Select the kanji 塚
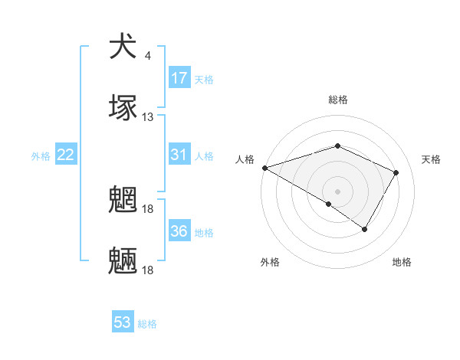[x=123, y=107]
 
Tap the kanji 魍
[x=123, y=201]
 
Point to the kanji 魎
[x=123, y=261]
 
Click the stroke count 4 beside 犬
[x=148, y=56]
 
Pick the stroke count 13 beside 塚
[x=148, y=117]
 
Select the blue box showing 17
[x=179, y=78]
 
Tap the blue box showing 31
[x=179, y=155]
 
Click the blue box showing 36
[x=179, y=231]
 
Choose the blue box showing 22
[x=66, y=155]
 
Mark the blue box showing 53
[x=123, y=322]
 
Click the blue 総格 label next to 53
[x=147, y=324]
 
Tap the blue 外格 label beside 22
[x=41, y=156]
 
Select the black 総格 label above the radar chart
[x=337, y=100]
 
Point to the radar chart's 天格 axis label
[x=432, y=159]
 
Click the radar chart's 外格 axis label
[x=270, y=262]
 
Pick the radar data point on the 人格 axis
[x=264, y=167]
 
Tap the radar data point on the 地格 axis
[x=365, y=228]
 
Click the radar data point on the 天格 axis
[x=396, y=172]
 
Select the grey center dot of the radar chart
[x=337, y=191]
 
